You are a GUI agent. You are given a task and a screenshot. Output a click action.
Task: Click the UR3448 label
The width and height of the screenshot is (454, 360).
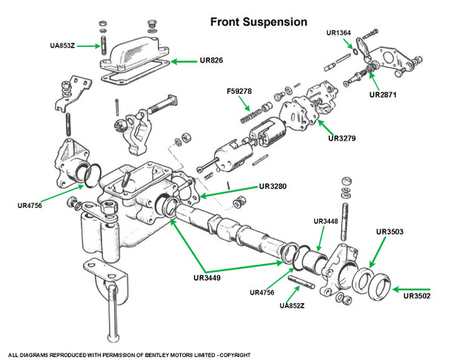(x=328, y=222)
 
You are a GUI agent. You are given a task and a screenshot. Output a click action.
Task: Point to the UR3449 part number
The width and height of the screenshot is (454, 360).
(x=207, y=278)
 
